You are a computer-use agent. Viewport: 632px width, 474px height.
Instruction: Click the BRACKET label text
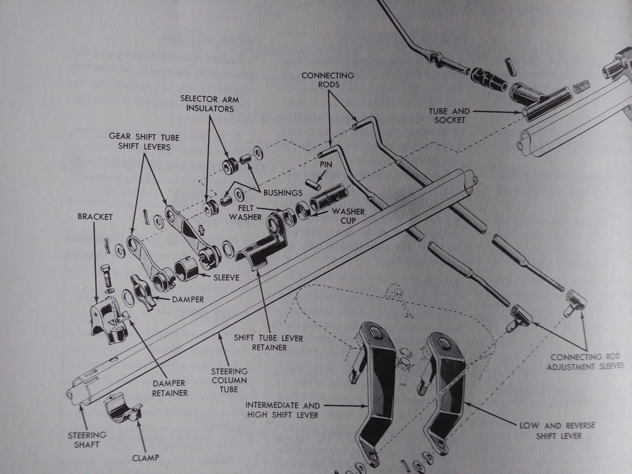coord(95,218)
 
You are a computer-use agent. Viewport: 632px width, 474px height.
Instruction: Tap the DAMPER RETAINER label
coord(169,388)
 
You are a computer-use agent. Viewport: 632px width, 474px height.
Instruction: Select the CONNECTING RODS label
coord(327,80)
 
